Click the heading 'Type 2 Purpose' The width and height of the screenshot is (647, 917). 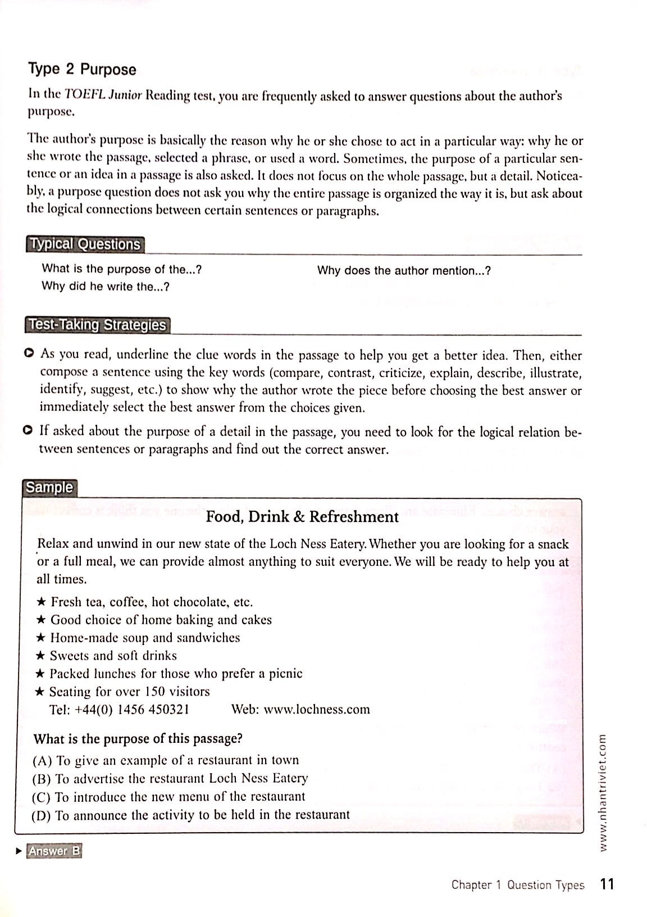pos(82,70)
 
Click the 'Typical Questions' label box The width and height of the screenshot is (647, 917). pos(85,244)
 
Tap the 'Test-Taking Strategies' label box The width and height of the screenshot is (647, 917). pos(98,325)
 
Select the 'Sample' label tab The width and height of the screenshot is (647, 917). pos(49,488)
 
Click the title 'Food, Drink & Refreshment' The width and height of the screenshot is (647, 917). pos(302,517)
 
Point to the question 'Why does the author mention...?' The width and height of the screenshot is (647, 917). pos(404,271)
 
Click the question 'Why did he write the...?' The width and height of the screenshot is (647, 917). pos(106,287)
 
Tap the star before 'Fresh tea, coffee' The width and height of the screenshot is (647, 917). pos(41,602)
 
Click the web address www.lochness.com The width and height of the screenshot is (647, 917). pos(317,710)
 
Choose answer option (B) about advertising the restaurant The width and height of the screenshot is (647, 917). pos(171,779)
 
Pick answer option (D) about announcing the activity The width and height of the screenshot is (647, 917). pos(191,815)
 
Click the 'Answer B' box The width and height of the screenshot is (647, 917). pos(54,851)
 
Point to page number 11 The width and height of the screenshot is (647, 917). pos(607,884)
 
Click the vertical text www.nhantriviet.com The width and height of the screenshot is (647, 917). pos(603,792)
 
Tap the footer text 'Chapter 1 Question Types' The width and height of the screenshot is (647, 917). pos(517,885)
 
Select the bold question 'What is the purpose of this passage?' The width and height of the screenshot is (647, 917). pos(138,739)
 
